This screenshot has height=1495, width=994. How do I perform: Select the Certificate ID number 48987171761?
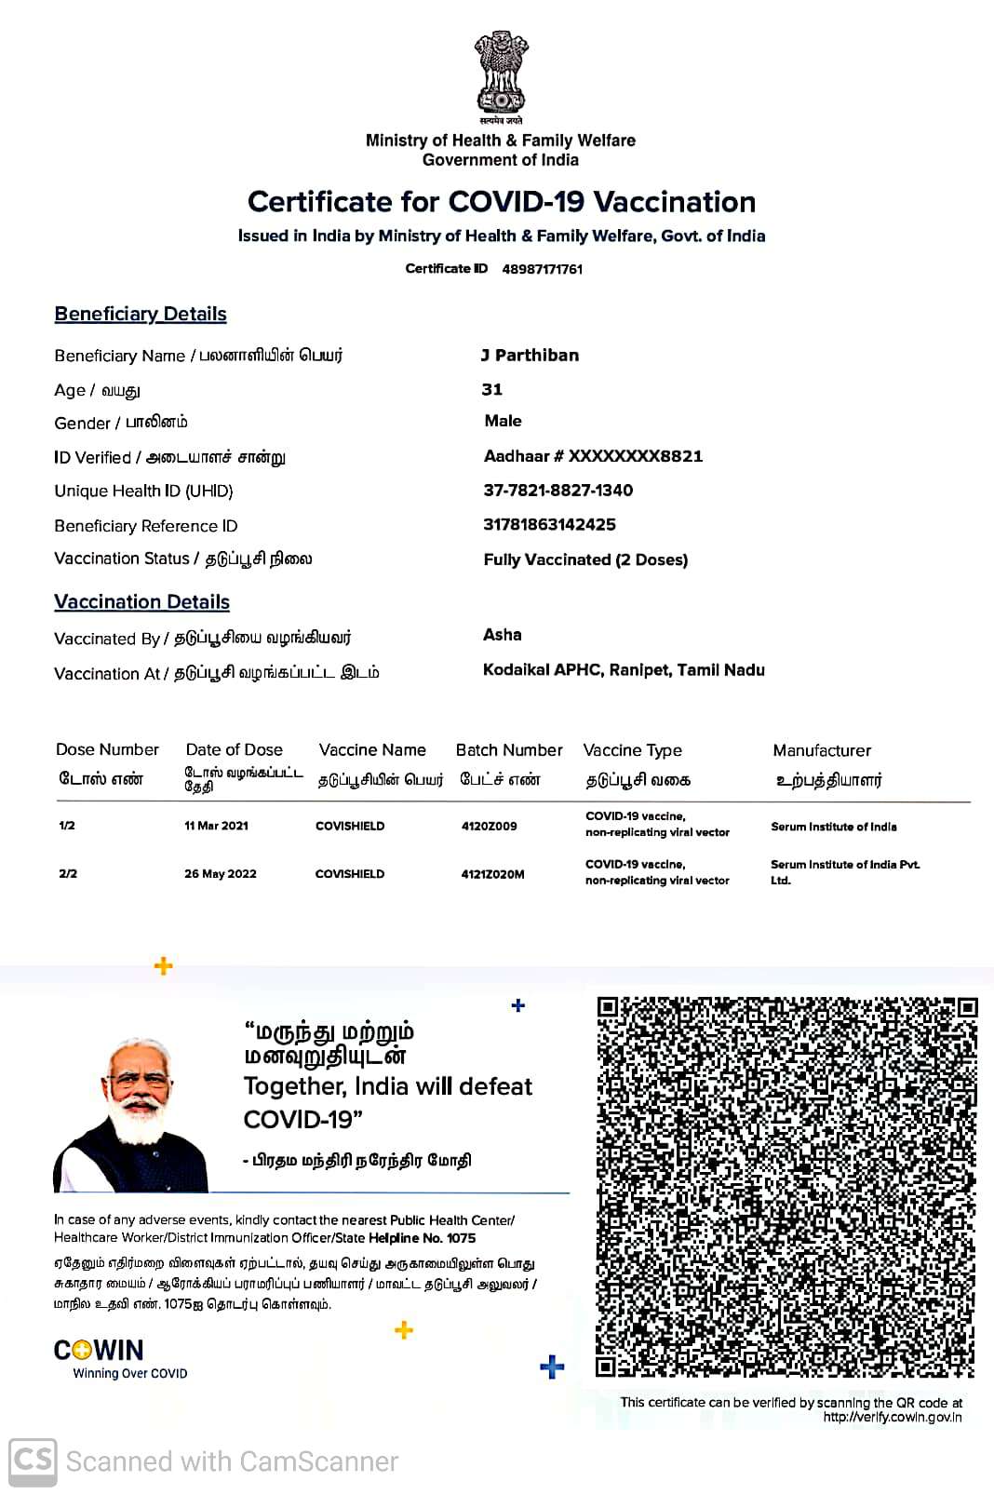[x=543, y=269]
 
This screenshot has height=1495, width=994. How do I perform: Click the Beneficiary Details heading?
[x=141, y=314]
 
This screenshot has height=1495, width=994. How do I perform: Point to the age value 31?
[x=492, y=389]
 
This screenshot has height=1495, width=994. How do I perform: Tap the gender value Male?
[x=504, y=421]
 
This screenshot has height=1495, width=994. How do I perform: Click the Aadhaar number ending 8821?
[x=593, y=456]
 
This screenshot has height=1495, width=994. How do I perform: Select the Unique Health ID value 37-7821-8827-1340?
[x=558, y=491]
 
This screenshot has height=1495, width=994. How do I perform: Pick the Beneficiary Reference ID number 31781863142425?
[x=549, y=524]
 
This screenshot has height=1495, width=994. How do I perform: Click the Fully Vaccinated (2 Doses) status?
[x=585, y=559]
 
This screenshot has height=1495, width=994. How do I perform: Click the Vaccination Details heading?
[x=141, y=602]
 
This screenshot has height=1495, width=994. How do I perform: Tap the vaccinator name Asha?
[x=503, y=635]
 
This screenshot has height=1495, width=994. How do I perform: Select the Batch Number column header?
[x=509, y=750]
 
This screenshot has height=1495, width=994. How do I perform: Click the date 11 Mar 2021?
[x=216, y=826]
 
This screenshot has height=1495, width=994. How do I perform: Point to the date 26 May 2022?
[x=221, y=874]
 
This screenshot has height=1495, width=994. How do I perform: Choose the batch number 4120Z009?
[x=489, y=826]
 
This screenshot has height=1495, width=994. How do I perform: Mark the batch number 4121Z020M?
[x=492, y=874]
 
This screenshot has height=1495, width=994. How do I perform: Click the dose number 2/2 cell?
[x=68, y=874]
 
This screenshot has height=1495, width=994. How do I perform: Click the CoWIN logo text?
[x=99, y=1351]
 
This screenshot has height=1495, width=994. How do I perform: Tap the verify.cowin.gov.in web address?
[x=892, y=1418]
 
